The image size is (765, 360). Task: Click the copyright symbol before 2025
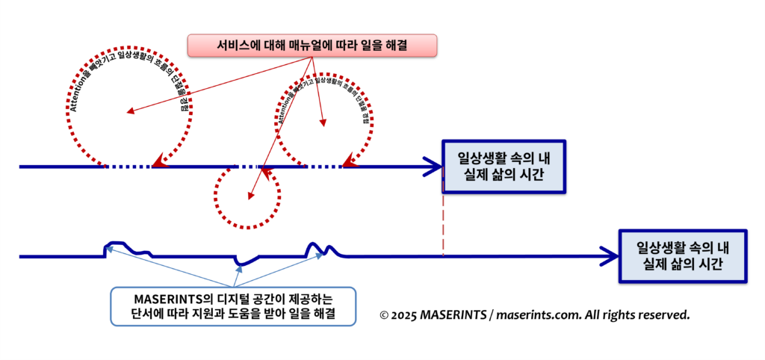(385, 315)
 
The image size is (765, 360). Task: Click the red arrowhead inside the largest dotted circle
(130, 111)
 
